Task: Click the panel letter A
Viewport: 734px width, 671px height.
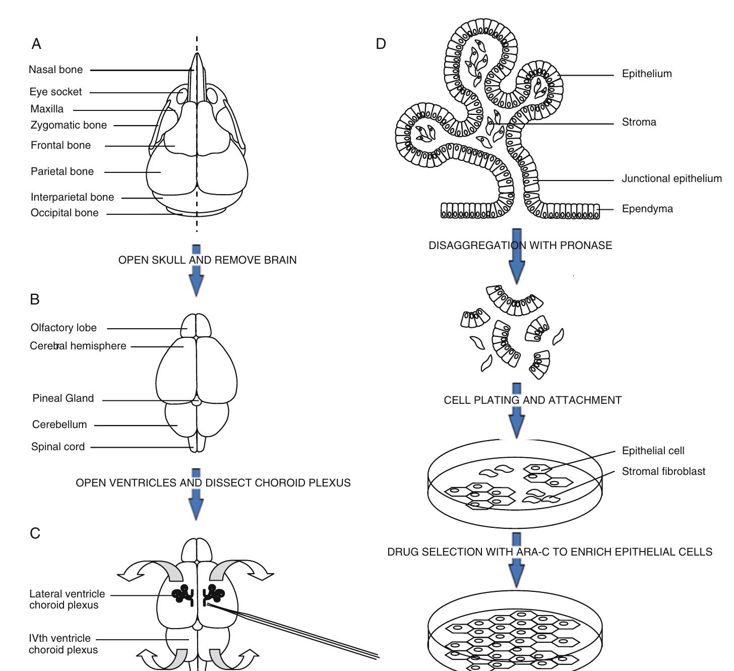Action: tap(36, 44)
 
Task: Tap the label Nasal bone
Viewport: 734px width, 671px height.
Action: tap(55, 70)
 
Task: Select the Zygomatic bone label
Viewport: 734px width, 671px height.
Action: tap(69, 125)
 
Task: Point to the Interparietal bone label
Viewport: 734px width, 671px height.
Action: tap(72, 197)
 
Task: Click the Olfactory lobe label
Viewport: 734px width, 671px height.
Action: tap(64, 328)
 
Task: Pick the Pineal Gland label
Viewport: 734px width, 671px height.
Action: tap(63, 398)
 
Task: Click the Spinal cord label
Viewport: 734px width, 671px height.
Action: tap(58, 447)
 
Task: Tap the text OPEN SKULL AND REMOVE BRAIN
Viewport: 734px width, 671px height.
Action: tap(207, 260)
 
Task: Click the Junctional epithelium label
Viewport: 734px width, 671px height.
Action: tap(671, 178)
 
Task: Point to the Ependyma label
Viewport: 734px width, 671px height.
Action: tap(647, 209)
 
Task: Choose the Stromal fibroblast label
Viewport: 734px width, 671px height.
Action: tap(663, 471)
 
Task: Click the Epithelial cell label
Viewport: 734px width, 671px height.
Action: tap(653, 451)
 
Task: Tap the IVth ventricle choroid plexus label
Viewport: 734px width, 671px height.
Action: tap(63, 644)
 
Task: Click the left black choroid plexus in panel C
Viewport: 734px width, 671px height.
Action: tap(182, 595)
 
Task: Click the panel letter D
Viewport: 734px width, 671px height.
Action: tap(381, 44)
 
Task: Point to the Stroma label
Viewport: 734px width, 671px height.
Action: tap(639, 122)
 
